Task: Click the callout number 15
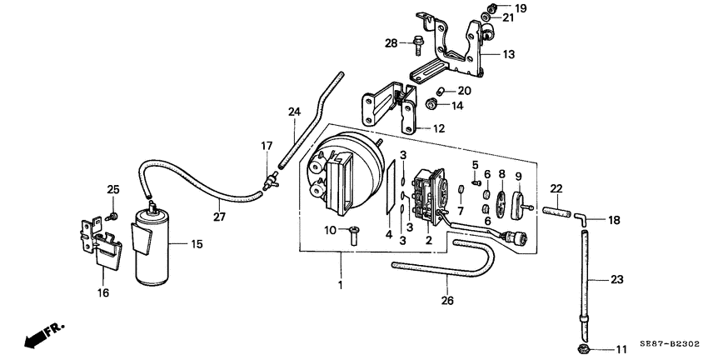[197, 244]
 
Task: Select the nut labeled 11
[582, 349]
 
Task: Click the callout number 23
[616, 280]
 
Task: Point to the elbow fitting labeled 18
[581, 218]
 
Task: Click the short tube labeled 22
[556, 211]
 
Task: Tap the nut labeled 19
[492, 7]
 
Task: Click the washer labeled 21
[486, 17]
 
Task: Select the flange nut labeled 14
[431, 105]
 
